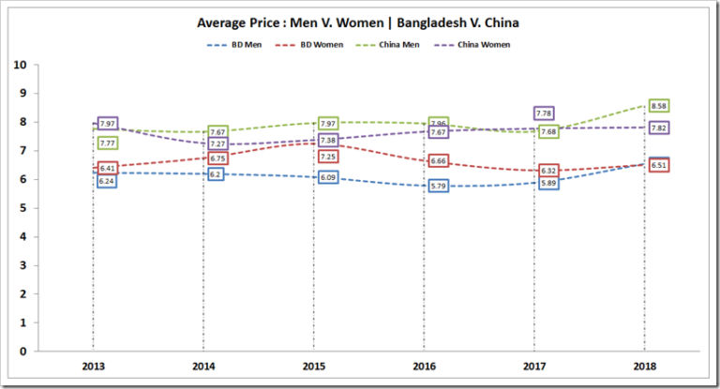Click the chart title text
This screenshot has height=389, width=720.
(x=360, y=22)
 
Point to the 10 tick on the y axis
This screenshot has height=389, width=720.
(x=19, y=65)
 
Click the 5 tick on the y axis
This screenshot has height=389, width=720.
(x=22, y=208)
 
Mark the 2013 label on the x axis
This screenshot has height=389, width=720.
(x=92, y=366)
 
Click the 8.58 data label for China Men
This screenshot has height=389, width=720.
(x=658, y=106)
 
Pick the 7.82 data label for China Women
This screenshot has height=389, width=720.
(x=658, y=128)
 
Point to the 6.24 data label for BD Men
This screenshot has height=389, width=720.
(x=106, y=181)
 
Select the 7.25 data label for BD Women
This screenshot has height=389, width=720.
(x=328, y=156)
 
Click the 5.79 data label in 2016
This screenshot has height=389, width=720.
(x=437, y=187)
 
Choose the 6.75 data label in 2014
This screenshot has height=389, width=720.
(x=217, y=158)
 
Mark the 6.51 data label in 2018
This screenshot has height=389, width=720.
(x=658, y=165)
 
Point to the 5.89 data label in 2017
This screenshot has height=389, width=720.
(x=547, y=184)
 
